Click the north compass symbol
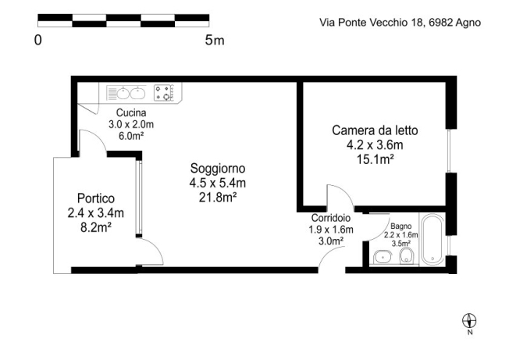pyautogui.click(x=469, y=319)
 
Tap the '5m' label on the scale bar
pyautogui.click(x=213, y=40)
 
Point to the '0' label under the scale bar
pyautogui.click(x=37, y=40)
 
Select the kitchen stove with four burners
pyautogui.click(x=165, y=94)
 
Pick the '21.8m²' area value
pyautogui.click(x=217, y=197)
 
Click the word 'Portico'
pyautogui.click(x=96, y=198)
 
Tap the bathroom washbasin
pyautogui.click(x=383, y=257)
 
